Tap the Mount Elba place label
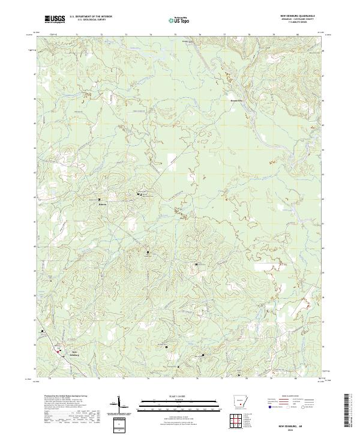(238, 101)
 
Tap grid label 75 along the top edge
(175, 35)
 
